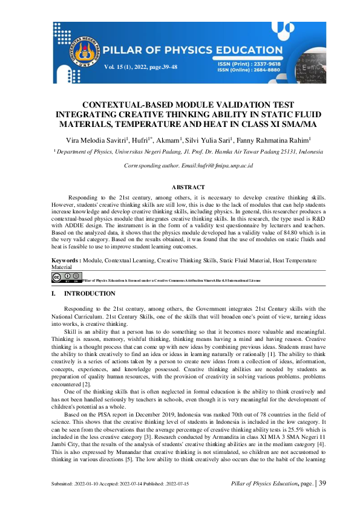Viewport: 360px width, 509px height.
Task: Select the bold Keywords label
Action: [66, 259]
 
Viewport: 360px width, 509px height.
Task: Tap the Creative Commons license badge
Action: [66, 277]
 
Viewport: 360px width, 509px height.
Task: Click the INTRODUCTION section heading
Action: [90, 293]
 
